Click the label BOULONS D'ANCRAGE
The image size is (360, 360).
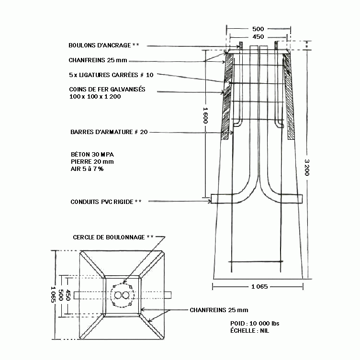tap(100, 45)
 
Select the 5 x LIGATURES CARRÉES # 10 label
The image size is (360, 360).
tap(111, 75)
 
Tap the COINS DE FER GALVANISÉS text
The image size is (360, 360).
tap(107, 90)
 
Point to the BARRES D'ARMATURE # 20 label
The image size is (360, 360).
tap(109, 132)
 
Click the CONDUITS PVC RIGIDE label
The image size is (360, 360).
tap(102, 202)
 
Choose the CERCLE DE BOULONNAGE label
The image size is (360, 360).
tap(109, 237)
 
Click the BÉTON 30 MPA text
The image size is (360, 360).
tap(92, 154)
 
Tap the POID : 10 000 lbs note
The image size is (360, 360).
tap(255, 324)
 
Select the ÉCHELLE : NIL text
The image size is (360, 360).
tap(249, 331)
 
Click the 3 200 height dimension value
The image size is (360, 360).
tap(307, 168)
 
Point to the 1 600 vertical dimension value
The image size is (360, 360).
tap(205, 115)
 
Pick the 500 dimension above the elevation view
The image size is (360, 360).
tap(258, 29)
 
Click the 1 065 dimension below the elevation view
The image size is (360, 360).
tap(259, 287)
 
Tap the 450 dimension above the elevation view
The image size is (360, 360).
tap(258, 37)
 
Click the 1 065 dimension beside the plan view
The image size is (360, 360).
tap(53, 294)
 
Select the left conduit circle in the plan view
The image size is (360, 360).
tap(118, 295)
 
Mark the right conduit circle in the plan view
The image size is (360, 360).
tap(125, 295)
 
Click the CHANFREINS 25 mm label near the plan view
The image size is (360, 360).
tap(219, 310)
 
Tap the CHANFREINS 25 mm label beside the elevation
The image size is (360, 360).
tap(98, 60)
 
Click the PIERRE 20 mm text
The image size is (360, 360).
tap(92, 162)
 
